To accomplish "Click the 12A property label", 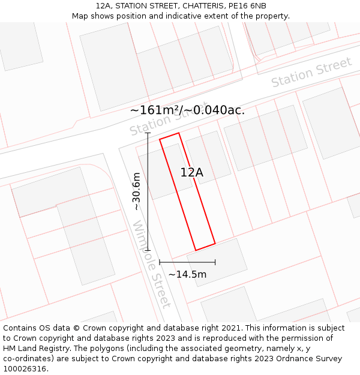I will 192,173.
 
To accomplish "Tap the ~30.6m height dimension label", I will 137,191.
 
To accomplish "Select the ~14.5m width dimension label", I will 187,274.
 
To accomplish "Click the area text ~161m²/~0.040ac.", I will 187,110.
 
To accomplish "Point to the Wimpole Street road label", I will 151,265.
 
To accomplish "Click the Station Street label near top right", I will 311,73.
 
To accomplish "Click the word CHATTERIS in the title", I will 188,6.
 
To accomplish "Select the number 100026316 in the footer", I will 25,369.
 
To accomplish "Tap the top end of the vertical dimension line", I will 148,133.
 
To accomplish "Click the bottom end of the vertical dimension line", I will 148,250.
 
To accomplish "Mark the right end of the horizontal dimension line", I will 215,262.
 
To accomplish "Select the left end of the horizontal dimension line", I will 160,262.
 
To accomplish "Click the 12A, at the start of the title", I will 104,6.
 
